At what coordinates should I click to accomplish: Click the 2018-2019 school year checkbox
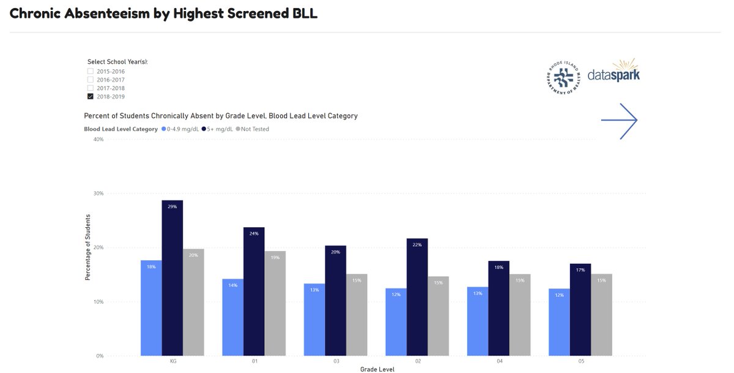tap(91, 96)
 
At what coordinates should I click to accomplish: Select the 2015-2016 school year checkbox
tap(91, 72)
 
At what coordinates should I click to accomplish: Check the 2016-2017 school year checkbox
tap(91, 80)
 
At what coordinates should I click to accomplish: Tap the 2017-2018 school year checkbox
tap(91, 88)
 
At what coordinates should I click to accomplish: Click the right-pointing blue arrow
tap(620, 121)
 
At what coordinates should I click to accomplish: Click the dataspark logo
tap(613, 73)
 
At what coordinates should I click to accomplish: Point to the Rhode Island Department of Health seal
tap(563, 77)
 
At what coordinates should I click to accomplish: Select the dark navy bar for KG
tap(172, 278)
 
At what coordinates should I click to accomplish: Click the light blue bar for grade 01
tap(233, 317)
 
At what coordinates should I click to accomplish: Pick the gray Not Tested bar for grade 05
tap(601, 315)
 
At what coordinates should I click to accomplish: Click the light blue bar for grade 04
tap(478, 321)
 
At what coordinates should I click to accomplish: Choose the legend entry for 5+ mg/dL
tap(215, 129)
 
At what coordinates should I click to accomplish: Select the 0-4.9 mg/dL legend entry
tap(177, 129)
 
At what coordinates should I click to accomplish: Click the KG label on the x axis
tap(173, 361)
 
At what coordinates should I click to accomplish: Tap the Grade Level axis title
tap(377, 369)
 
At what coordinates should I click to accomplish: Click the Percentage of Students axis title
tap(88, 247)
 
